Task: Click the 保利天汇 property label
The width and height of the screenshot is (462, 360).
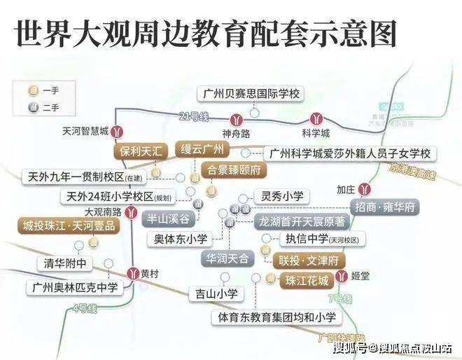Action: coord(141,151)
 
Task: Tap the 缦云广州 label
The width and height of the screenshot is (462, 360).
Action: coord(202,150)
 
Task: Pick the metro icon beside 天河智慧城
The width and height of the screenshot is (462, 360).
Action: coord(120,130)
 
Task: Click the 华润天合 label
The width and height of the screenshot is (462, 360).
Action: coord(227,259)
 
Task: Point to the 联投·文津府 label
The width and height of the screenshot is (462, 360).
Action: coord(309,260)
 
